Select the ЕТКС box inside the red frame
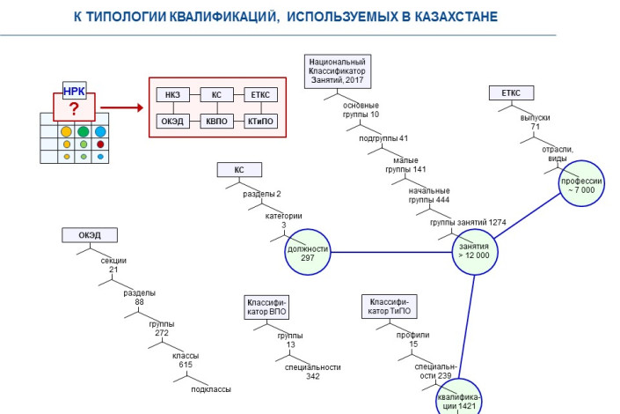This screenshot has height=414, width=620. point(260,95)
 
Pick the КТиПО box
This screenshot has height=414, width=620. point(260,121)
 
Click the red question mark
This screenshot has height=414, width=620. point(74,108)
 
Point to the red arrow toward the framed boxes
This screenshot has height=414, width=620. point(127,108)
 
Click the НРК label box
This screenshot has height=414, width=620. point(74,91)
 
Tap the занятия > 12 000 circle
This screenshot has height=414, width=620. point(474,250)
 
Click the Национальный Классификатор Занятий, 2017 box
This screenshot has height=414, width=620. point(337,70)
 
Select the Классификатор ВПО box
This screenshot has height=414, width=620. point(266,307)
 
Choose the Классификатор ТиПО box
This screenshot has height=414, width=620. point(387,307)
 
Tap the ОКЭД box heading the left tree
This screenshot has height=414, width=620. point(89,235)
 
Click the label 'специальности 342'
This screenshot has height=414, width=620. point(302,371)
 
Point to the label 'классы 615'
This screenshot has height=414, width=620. point(185,360)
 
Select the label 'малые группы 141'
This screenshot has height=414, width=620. point(407,165)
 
